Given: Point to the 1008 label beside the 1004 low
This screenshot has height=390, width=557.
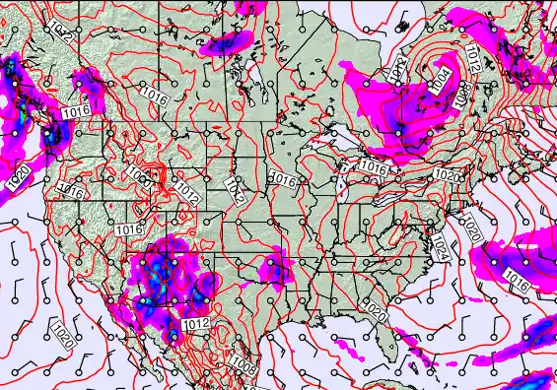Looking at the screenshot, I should coord(460,93).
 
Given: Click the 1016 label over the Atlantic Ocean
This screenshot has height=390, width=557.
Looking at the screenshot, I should coord(518,281).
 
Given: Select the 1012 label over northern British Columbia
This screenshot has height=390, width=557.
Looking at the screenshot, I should coord(59,35).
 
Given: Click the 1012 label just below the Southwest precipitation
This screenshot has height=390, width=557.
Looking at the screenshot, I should coord(195,322).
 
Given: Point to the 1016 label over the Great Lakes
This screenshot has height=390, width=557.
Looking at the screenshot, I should coord(373,167).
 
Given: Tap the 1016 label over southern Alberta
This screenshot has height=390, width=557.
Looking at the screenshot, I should coord(153,99).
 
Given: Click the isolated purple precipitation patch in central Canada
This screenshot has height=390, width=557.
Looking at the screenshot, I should coord(228,41).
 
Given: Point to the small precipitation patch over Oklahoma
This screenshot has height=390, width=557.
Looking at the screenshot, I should coord(274,266).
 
